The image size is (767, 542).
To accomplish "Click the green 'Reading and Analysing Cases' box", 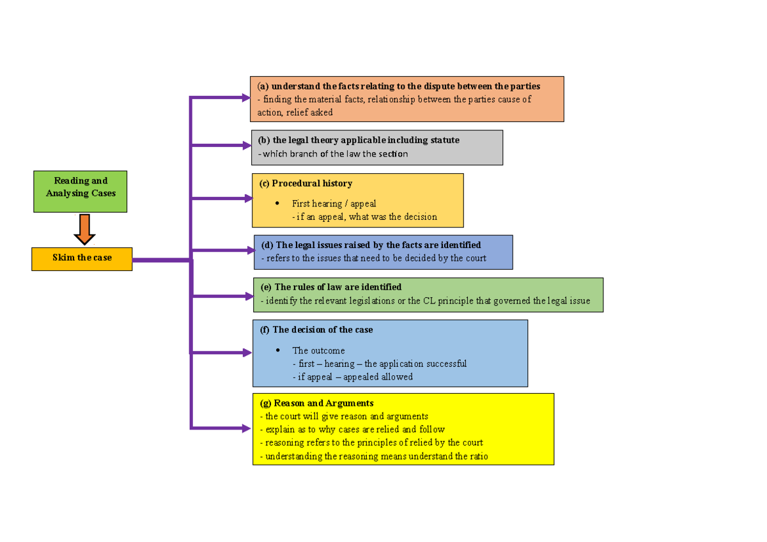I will (81, 191).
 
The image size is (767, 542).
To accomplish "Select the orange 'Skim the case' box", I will (82, 258).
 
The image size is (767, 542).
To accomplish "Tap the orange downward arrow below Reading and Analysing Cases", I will (84, 229).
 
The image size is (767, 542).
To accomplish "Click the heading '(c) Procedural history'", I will (306, 183).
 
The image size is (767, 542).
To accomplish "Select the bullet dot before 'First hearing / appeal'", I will (277, 203).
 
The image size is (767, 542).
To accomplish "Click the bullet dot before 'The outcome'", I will (277, 350).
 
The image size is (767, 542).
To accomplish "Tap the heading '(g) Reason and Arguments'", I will (316, 403).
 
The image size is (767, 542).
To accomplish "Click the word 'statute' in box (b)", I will (442, 140).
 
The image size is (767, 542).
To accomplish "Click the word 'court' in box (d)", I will (474, 258).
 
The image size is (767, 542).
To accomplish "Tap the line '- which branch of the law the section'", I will (332, 154).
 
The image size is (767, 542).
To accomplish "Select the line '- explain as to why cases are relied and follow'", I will (352, 430).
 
